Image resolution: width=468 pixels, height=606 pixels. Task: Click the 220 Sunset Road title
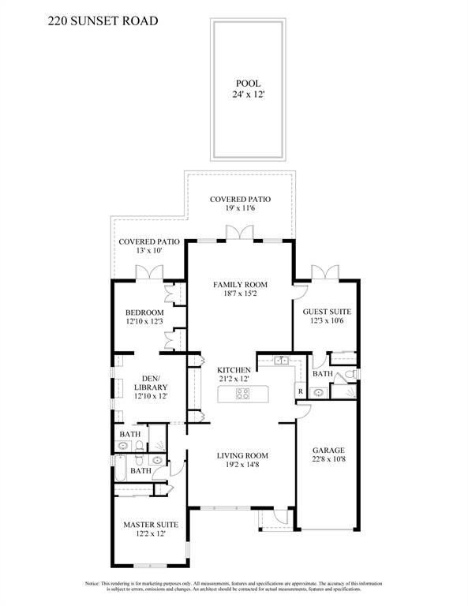pos(103,21)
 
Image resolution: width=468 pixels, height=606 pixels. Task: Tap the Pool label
pos(248,83)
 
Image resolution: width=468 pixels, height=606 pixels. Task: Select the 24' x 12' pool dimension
pos(248,94)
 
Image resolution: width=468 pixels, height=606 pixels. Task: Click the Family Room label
pos(240,284)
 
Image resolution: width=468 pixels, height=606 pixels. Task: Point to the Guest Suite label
pos(327,312)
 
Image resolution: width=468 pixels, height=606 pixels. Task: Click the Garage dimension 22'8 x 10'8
pos(328,459)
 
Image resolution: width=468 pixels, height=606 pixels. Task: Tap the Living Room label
pos(242,455)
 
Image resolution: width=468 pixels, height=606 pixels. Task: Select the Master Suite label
pos(151,525)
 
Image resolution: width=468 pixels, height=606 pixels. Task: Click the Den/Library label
pos(151,383)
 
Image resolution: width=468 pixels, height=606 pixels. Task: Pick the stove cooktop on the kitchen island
pos(243,394)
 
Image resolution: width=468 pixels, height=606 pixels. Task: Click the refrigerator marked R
pos(300,391)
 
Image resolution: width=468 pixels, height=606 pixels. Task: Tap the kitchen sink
pos(281,361)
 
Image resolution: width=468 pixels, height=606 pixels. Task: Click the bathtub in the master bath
pos(120,468)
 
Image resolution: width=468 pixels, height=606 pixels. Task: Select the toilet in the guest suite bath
pos(350,374)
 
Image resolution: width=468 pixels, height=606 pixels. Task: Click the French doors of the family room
pos(240,232)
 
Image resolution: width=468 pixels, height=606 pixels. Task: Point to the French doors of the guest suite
pos(325,271)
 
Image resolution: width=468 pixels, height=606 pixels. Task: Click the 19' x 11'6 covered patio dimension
pos(240,208)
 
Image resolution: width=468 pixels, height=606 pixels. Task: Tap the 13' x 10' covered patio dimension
pos(149,250)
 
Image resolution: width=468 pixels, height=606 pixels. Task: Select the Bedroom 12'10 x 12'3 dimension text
pos(144,321)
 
